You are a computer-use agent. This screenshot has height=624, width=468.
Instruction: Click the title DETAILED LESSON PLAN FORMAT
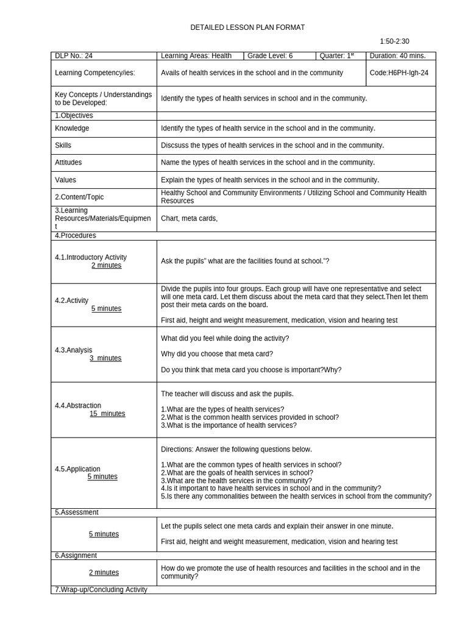click(x=247, y=27)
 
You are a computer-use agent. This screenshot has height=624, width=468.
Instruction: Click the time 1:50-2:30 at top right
click(x=394, y=41)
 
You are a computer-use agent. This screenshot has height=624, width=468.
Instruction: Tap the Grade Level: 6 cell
click(x=269, y=56)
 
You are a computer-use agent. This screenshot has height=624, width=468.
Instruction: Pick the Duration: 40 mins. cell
click(x=398, y=56)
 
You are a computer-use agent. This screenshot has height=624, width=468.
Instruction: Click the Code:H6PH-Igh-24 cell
click(x=399, y=73)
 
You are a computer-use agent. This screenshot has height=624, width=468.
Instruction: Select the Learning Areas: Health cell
click(x=196, y=56)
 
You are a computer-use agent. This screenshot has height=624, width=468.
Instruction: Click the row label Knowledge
click(x=72, y=129)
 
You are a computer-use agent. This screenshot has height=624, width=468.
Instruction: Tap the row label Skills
click(x=63, y=146)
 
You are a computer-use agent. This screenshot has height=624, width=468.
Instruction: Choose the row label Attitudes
click(x=68, y=163)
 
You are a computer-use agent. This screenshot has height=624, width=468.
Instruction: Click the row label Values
click(x=65, y=180)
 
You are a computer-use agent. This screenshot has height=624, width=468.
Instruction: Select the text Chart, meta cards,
click(x=189, y=219)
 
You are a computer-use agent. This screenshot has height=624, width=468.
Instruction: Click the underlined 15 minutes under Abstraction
click(x=107, y=414)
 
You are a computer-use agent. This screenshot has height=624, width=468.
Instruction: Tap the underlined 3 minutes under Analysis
click(x=105, y=358)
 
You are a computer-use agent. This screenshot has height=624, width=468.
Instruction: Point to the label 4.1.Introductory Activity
click(x=91, y=257)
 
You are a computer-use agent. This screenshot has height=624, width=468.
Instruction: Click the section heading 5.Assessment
click(x=77, y=512)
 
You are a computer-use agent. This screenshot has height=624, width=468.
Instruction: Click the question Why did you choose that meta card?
click(x=217, y=354)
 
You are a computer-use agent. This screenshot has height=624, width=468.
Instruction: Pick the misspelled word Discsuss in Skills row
click(x=175, y=146)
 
